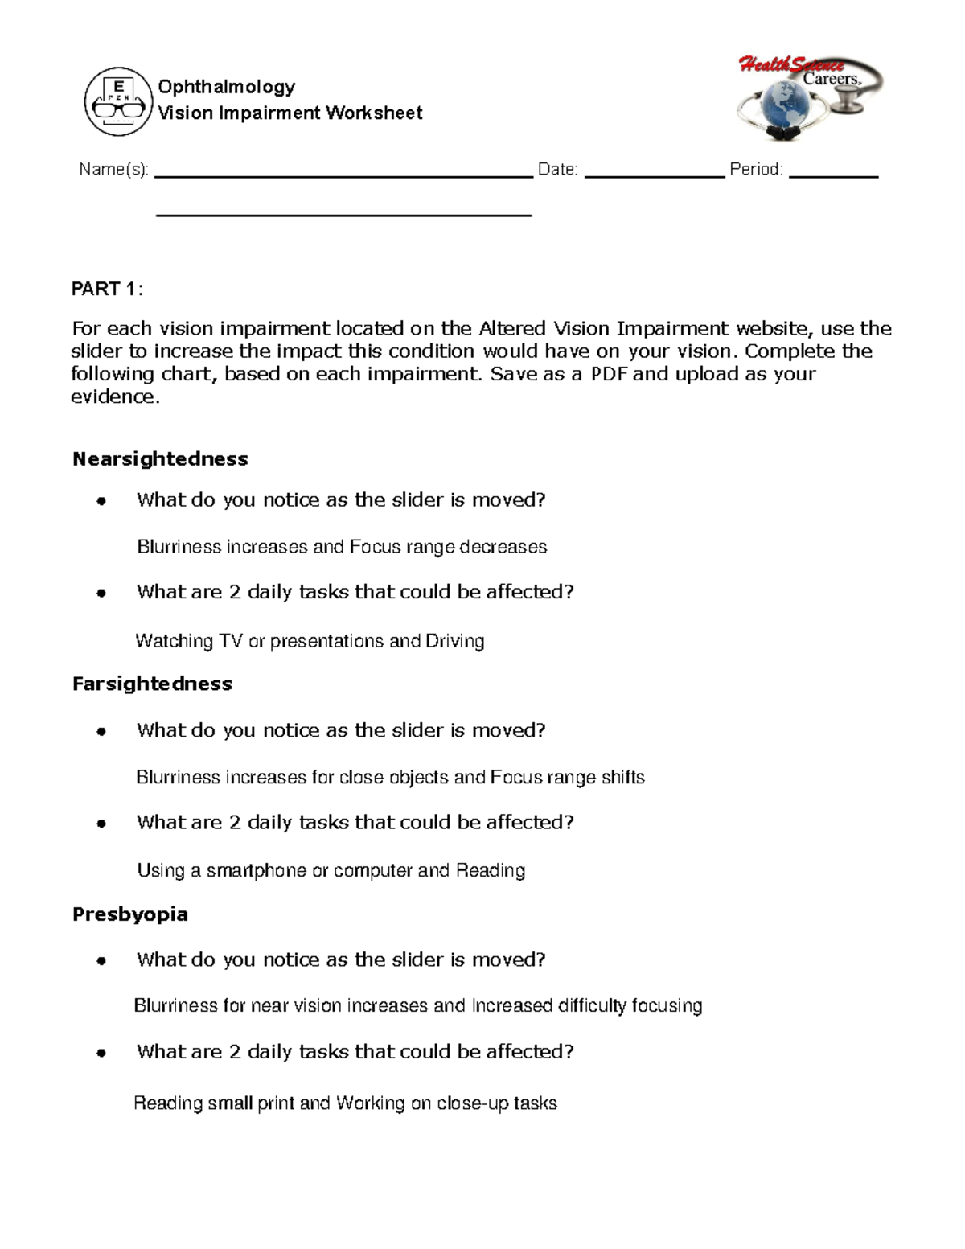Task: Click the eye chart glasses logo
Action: coord(118,101)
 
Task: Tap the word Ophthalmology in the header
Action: coord(227,87)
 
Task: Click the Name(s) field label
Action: coord(113,170)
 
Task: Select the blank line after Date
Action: coord(654,175)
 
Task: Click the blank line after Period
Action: coord(833,175)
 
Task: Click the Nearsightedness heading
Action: coord(160,459)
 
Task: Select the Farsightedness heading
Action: coord(152,684)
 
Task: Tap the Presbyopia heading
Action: coord(130,914)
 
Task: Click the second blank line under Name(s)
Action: coord(343,216)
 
